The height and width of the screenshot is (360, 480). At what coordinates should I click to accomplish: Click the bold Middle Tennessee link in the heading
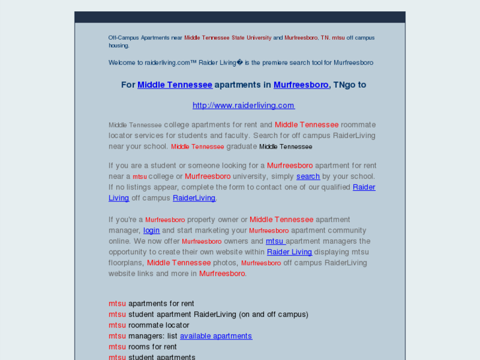tap(174, 85)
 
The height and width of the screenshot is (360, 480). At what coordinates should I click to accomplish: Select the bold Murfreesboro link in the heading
tap(300, 85)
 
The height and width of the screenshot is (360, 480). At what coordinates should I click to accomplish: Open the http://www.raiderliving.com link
tap(243, 105)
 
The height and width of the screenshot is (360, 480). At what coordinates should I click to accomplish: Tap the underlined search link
tap(308, 176)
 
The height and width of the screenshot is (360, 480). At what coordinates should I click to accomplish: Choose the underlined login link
tap(151, 231)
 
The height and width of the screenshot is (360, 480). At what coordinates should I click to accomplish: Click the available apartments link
tap(216, 336)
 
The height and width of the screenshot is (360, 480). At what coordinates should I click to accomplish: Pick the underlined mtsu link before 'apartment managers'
tap(275, 241)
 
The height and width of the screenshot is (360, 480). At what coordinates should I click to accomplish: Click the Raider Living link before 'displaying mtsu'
tap(289, 252)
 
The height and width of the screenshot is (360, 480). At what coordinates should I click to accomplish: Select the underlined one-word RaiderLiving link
tap(194, 198)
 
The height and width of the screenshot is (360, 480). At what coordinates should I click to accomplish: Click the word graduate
tap(241, 147)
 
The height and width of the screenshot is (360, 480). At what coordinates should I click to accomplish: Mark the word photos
tap(226, 263)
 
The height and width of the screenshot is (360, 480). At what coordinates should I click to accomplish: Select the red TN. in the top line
tap(325, 38)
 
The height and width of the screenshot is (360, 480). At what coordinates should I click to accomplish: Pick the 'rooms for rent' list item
tap(153, 347)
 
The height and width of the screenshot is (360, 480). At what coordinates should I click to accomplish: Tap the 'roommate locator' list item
tap(158, 325)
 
